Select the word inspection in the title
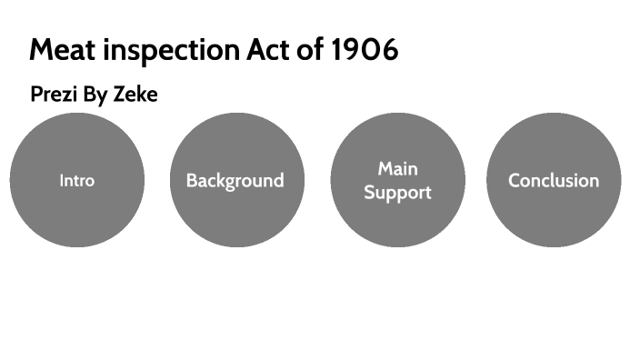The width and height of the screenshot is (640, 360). [x=172, y=51]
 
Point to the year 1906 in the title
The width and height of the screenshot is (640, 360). [x=364, y=50]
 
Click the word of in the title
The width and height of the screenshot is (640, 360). [x=313, y=50]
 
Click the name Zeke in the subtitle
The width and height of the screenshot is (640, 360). [x=135, y=95]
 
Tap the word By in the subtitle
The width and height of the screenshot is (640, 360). [x=97, y=95]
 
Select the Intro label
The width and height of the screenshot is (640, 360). [x=77, y=180]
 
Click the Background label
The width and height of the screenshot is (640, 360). [x=235, y=181]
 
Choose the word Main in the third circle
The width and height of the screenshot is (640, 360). [x=397, y=168]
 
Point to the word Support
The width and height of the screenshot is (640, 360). [x=397, y=193]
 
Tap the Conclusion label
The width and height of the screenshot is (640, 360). [x=554, y=180]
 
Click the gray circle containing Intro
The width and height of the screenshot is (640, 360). [x=77, y=218]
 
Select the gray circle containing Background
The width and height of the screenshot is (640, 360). [x=236, y=218]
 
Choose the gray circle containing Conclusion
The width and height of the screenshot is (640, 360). [x=554, y=218]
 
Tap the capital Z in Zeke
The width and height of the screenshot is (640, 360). [x=118, y=95]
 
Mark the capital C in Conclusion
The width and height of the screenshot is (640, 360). [x=515, y=180]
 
